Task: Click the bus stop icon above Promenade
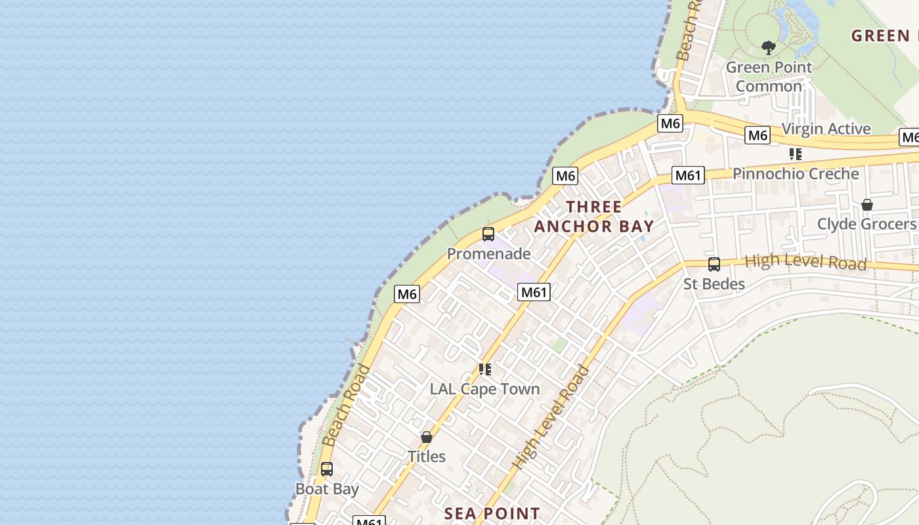(x=488, y=234)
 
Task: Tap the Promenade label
(x=488, y=253)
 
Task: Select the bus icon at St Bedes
(x=714, y=264)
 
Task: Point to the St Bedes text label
(x=714, y=284)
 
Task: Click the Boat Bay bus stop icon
(x=326, y=469)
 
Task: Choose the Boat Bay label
(x=327, y=489)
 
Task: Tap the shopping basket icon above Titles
(x=427, y=437)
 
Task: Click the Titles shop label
(x=427, y=457)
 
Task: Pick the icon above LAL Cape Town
(x=485, y=369)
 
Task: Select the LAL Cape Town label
(x=484, y=388)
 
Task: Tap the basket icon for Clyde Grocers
(x=866, y=205)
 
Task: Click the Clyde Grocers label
(x=866, y=224)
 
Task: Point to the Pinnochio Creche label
(x=796, y=174)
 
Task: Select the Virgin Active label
(x=826, y=129)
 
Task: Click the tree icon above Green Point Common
(x=769, y=47)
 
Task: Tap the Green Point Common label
(x=769, y=76)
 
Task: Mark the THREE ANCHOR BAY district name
(x=594, y=217)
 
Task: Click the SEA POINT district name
(x=492, y=513)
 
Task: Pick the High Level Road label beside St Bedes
(x=805, y=262)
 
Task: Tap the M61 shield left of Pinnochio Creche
(x=688, y=175)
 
